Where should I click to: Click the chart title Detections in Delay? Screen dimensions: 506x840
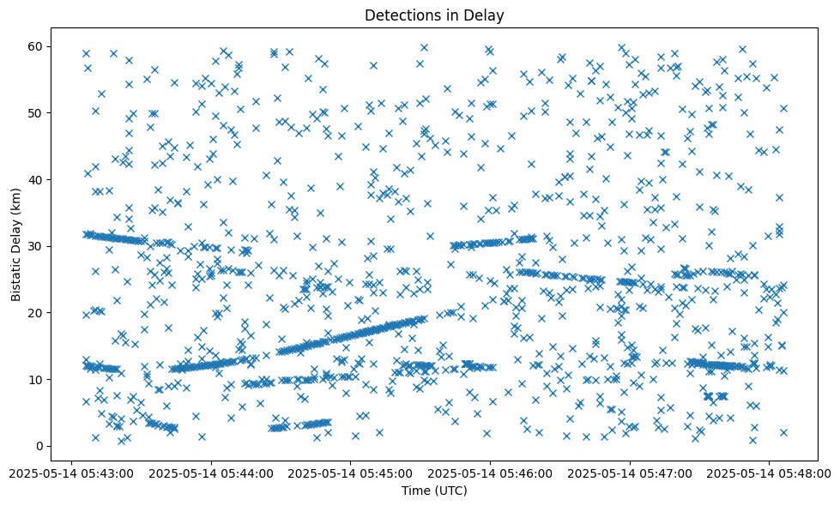pos(434,15)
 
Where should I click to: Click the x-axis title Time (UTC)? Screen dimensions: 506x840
pos(434,491)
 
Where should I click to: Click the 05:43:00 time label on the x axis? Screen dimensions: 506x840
pos(71,473)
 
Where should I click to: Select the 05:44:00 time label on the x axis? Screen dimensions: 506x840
pos(211,473)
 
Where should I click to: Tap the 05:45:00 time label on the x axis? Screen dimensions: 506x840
pos(351,473)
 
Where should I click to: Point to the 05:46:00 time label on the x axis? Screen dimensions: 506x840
pos(490,473)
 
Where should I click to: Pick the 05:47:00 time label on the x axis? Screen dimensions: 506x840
pos(630,473)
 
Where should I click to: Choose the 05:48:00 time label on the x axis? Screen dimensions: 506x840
pos(770,473)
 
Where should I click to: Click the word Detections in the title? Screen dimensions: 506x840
pos(401,15)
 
